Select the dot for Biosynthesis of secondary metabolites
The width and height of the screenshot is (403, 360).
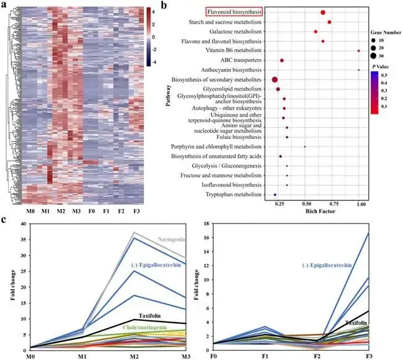[x=275, y=79]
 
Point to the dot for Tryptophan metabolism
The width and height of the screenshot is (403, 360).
[x=275, y=195]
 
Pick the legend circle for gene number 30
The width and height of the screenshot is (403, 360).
[x=375, y=55]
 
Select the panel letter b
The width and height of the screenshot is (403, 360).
[x=163, y=5]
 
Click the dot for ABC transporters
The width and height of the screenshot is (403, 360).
[x=281, y=60]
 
